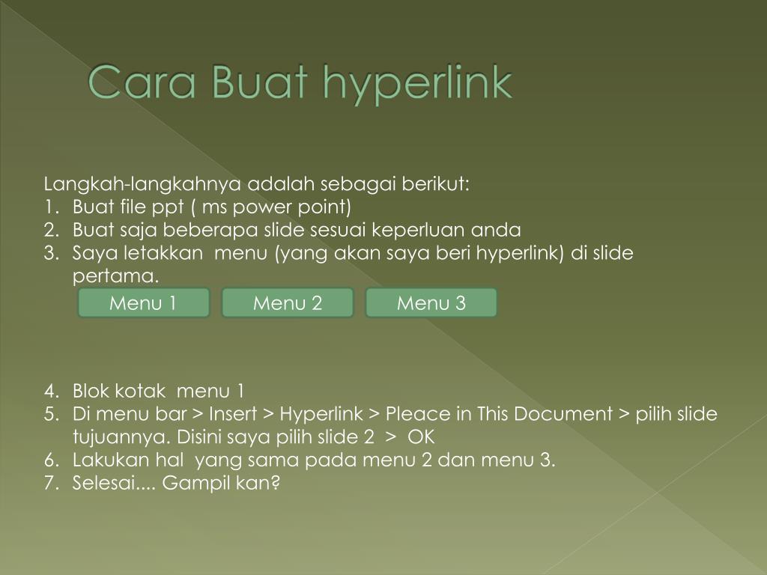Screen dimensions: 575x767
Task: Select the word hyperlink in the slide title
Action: tap(417, 84)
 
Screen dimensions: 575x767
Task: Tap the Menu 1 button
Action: tap(143, 303)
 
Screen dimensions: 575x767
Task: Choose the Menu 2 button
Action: tap(288, 303)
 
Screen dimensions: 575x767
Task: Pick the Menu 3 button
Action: tap(431, 303)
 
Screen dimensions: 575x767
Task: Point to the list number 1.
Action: tap(49, 207)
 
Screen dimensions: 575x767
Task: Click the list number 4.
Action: tap(49, 391)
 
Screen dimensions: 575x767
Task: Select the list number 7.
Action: tap(49, 484)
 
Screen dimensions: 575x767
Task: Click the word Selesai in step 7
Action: tap(103, 484)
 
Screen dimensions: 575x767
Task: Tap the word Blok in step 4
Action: tap(91, 391)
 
